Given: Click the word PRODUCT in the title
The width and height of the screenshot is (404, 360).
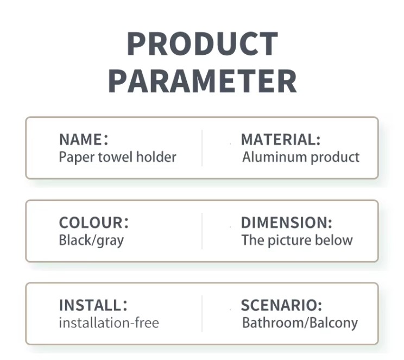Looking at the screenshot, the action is (x=203, y=44).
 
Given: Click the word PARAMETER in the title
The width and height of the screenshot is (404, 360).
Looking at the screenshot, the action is (x=203, y=81).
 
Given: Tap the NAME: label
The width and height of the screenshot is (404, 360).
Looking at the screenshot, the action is (x=84, y=140).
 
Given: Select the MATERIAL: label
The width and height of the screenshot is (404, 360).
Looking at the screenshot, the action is (x=281, y=140).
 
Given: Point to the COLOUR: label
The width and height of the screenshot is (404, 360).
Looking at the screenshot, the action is (x=93, y=223).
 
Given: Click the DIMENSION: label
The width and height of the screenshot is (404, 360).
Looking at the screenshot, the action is (x=287, y=223).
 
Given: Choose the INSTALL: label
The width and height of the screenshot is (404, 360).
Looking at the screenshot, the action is (x=93, y=305).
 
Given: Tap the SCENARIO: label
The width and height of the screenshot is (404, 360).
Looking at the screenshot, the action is (x=281, y=305).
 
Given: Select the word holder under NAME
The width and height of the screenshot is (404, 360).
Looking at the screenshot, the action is (x=156, y=157).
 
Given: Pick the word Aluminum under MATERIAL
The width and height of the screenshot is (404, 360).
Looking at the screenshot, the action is (x=275, y=157).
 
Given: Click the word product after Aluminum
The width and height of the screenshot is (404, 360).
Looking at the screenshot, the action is (x=335, y=157).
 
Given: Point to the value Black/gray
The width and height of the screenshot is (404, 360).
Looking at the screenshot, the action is (x=91, y=241).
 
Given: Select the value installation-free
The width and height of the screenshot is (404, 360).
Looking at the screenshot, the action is (x=109, y=323).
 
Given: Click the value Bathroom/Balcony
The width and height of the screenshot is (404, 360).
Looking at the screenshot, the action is (x=300, y=323).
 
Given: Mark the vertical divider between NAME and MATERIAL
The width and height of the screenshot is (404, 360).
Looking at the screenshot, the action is (x=202, y=148).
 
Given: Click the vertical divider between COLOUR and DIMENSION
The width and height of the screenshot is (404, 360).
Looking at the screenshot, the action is (x=202, y=231).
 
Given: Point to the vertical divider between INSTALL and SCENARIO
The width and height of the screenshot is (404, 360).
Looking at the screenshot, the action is (x=202, y=314).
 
